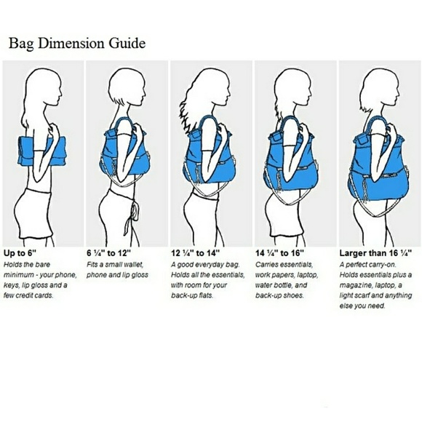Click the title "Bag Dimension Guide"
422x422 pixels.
[77, 43]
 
